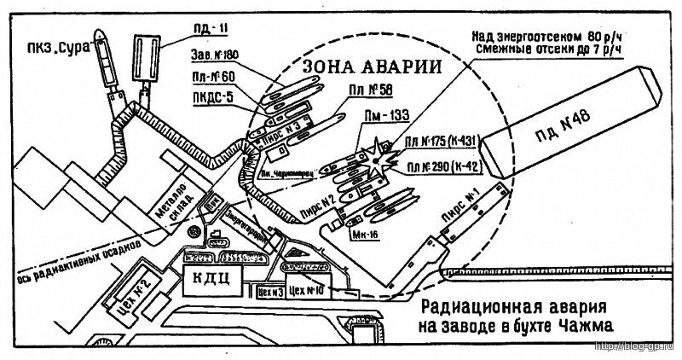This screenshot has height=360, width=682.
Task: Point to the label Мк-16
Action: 362,231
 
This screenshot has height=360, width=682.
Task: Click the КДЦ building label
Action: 211,276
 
